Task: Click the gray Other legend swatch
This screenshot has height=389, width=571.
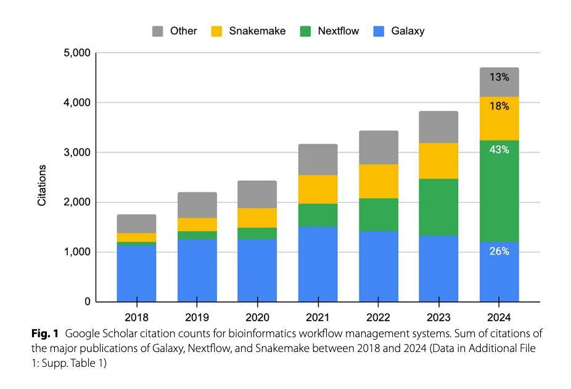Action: tap(158, 31)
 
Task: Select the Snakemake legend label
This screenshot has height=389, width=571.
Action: tap(257, 31)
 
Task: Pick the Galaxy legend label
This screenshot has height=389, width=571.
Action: tap(408, 31)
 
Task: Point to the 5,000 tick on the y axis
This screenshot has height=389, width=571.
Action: tap(77, 53)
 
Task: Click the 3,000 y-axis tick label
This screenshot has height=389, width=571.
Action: tap(77, 152)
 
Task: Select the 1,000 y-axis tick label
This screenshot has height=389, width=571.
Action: tap(77, 252)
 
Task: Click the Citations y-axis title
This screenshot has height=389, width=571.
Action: tap(43, 184)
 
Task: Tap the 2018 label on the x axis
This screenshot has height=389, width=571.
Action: tap(136, 319)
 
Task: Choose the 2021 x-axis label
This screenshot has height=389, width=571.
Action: tap(318, 319)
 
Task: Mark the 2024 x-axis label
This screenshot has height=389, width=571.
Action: tap(499, 319)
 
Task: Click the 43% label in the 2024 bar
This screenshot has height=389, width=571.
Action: tap(499, 150)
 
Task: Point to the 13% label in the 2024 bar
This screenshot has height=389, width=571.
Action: tap(499, 78)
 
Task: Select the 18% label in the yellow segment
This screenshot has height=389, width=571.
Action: tap(499, 107)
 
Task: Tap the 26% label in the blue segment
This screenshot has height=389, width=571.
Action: tap(499, 252)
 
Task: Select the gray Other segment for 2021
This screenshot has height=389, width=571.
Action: tap(318, 159)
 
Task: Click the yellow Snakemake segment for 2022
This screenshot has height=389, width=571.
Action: tap(378, 181)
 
